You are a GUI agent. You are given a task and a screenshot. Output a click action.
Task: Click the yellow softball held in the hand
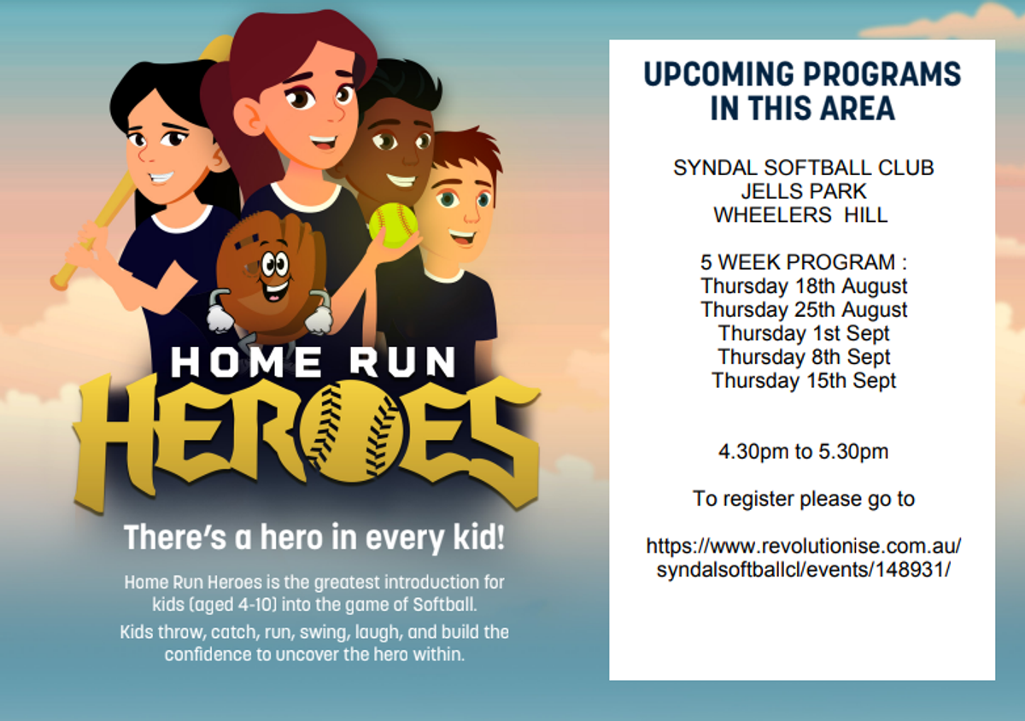393,226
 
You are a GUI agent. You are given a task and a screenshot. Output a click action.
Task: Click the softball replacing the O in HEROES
351,431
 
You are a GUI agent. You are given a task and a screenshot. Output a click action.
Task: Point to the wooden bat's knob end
60,281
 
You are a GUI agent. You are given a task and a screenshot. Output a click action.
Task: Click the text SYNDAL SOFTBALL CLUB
803,168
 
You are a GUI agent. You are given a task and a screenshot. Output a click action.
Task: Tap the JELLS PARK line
804,191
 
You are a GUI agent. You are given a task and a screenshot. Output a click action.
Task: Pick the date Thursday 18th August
804,286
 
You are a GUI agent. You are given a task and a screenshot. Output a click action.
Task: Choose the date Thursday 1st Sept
804,333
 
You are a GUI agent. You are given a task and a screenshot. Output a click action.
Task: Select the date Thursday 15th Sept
804,381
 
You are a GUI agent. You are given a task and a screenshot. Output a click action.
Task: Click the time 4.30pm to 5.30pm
803,452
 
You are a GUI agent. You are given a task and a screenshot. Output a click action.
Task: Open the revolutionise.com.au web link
804,558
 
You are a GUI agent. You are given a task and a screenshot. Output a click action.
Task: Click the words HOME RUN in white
313,362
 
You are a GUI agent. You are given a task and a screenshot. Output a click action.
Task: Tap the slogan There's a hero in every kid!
314,536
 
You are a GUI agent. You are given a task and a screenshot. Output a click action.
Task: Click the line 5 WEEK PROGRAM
804,262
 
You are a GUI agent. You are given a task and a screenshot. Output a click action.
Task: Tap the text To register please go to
804,499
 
